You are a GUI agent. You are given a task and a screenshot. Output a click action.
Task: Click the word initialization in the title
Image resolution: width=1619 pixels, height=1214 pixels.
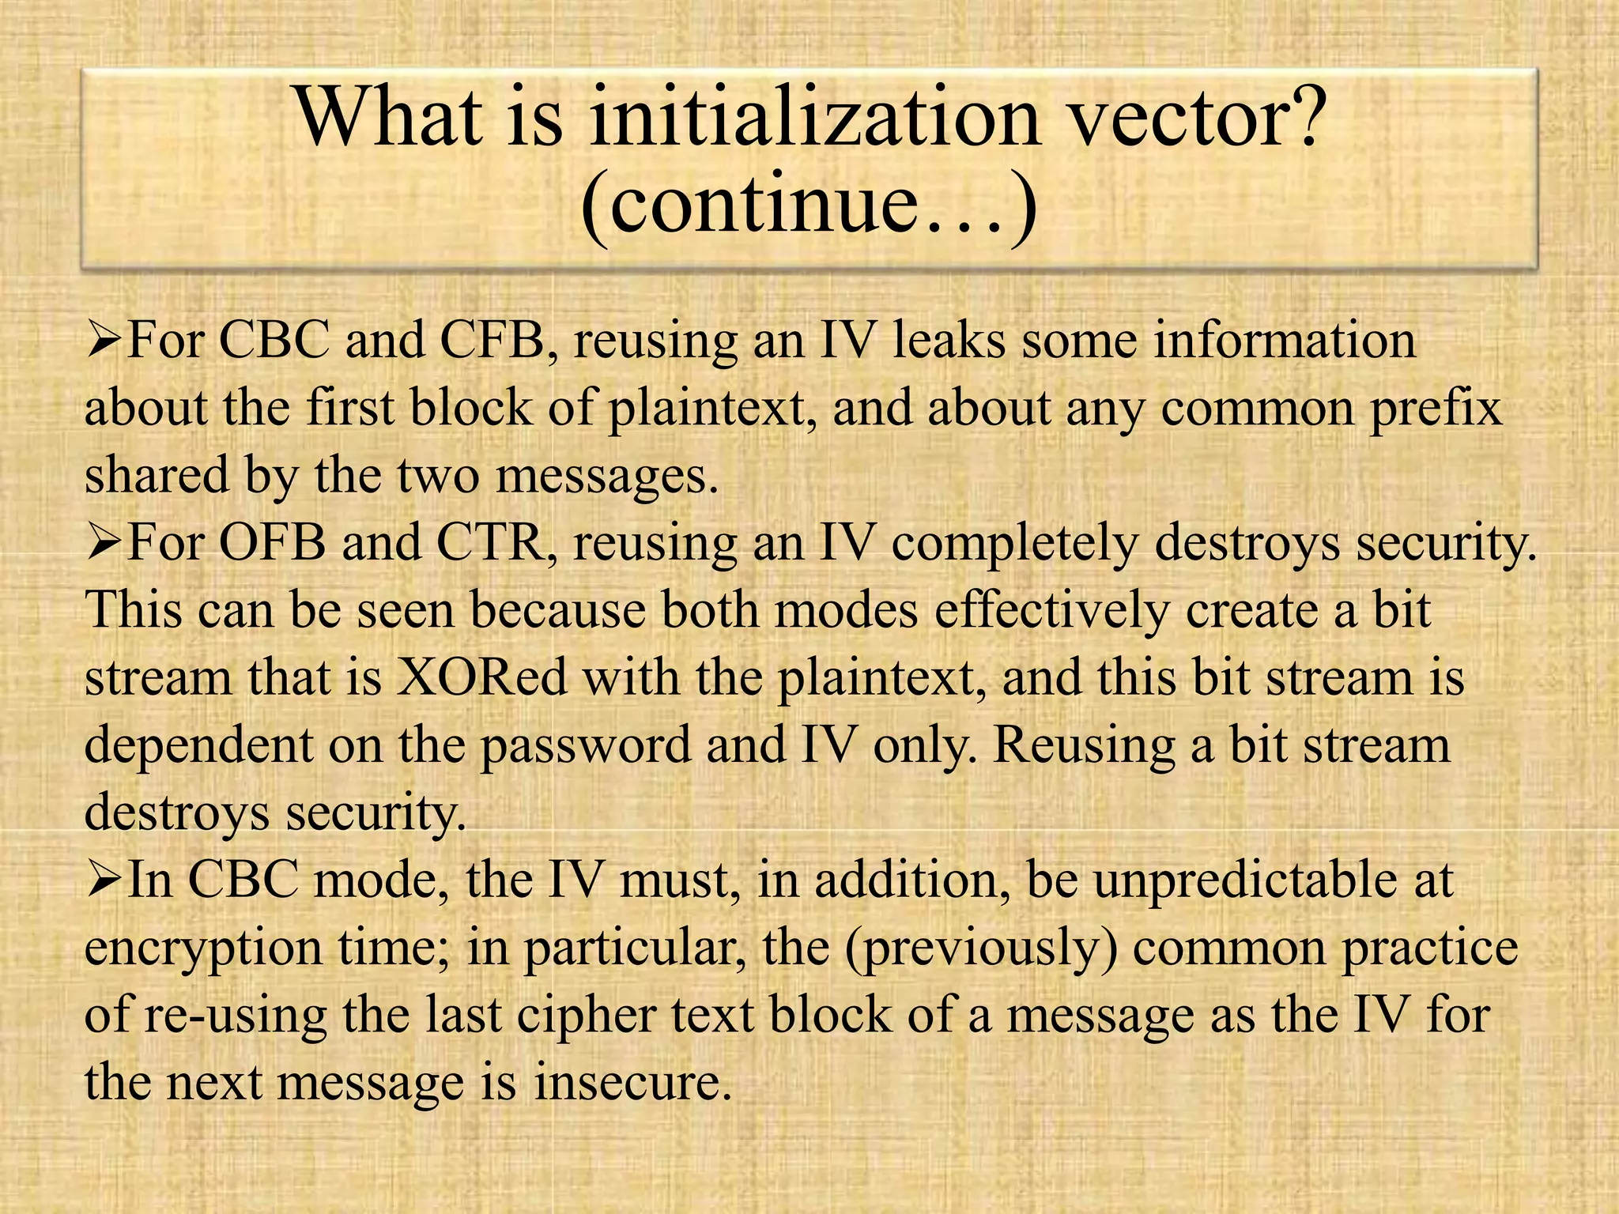[x=815, y=119]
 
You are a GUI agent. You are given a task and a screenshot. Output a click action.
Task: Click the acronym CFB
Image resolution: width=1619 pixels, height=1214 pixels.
[x=492, y=341]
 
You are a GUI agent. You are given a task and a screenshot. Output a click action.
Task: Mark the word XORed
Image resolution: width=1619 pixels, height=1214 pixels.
[x=481, y=678]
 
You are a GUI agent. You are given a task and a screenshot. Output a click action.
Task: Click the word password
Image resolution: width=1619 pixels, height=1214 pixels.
[x=586, y=746]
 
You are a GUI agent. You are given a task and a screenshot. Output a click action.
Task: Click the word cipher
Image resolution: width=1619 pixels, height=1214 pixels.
[x=586, y=1015]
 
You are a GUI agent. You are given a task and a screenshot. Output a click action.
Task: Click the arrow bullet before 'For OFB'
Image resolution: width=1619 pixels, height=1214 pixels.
[x=103, y=544]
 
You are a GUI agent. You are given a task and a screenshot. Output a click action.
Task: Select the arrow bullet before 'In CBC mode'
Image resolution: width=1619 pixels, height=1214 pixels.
[x=103, y=880]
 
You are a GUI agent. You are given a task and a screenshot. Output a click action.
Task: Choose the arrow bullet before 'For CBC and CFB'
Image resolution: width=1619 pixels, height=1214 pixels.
[x=103, y=341]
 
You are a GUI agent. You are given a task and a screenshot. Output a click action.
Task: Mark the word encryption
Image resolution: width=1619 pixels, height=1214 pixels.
[x=203, y=948]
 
